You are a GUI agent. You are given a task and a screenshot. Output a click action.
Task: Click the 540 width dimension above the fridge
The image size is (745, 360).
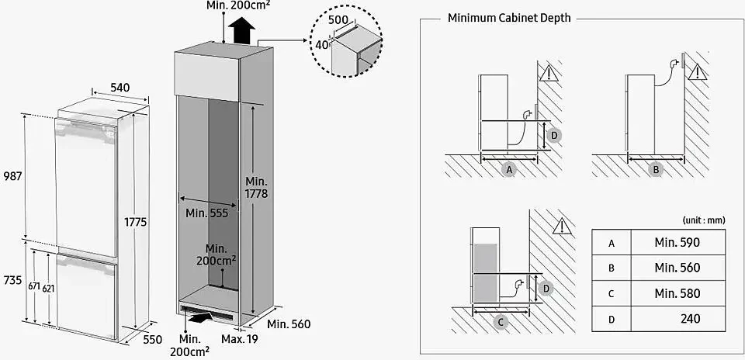[x=120, y=88]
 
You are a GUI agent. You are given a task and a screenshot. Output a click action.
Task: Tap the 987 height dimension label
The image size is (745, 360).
[x=12, y=176]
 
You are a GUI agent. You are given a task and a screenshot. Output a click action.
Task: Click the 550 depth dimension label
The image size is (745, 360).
[x=153, y=339]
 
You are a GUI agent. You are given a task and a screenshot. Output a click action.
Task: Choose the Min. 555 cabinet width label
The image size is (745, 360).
[x=207, y=213]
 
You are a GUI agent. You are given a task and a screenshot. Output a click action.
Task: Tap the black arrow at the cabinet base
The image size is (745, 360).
[x=201, y=317]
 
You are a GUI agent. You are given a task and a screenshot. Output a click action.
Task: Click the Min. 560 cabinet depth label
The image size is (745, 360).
[x=289, y=324]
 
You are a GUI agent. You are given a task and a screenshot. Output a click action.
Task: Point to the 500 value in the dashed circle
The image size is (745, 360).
[x=337, y=19]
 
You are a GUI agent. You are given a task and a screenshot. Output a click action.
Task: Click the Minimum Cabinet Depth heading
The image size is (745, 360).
[x=508, y=18]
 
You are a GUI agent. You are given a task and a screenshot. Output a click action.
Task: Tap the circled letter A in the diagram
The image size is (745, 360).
[x=509, y=169]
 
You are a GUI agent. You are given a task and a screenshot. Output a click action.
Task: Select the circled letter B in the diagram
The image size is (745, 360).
[x=656, y=169]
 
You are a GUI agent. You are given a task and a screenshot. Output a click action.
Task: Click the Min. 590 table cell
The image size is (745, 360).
[x=677, y=242]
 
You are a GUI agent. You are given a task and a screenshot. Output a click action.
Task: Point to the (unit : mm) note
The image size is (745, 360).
[x=704, y=220]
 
